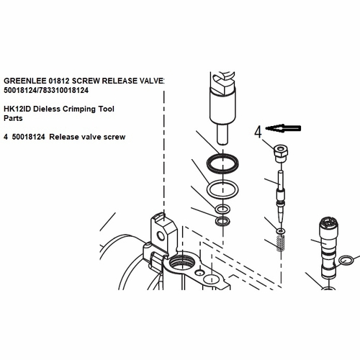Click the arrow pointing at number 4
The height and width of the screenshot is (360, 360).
tap(284, 128)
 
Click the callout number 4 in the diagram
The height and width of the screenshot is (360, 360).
tap(258, 132)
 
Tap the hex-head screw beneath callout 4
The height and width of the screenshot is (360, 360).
tap(279, 153)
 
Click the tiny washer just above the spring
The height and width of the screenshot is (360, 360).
tap(280, 230)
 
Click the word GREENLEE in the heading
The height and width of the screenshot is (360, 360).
tap(24, 81)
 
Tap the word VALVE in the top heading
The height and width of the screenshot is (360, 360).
tap(150, 81)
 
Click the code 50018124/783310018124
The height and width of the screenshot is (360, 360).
tap(46, 91)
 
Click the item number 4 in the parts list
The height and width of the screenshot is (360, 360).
tap(6, 135)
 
